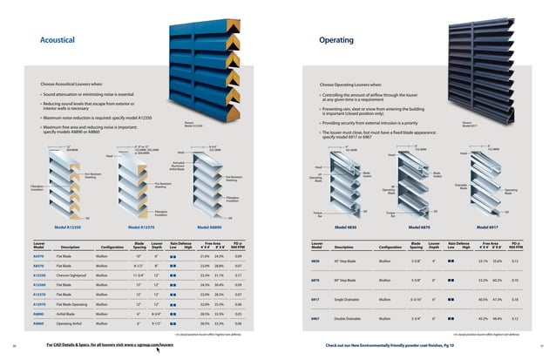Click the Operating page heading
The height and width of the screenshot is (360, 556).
(336, 40)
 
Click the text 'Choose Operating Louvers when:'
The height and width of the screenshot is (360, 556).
(356, 84)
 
